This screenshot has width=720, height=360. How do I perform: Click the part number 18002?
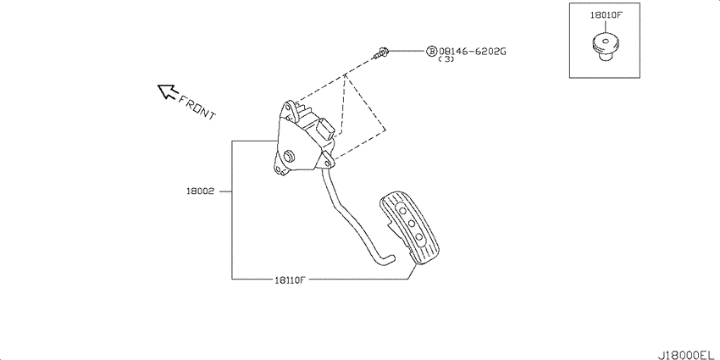click(200, 191)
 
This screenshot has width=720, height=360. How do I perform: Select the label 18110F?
click(291, 280)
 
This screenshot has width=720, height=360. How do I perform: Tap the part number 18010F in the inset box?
click(606, 14)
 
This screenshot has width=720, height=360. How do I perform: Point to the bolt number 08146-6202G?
click(473, 51)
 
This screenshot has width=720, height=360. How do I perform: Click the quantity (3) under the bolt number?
click(446, 59)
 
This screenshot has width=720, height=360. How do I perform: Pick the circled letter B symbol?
click(432, 51)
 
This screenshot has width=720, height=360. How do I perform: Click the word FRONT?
click(197, 108)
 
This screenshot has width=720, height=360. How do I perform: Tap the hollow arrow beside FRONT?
click(168, 91)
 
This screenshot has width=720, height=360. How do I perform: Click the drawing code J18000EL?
click(688, 354)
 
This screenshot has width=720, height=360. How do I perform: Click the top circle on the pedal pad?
click(403, 210)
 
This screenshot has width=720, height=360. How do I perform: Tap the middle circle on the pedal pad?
click(412, 224)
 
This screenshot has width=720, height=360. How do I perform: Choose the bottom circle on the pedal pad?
click(419, 237)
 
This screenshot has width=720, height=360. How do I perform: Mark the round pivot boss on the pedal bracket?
click(290, 156)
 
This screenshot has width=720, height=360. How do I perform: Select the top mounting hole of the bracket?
click(288, 108)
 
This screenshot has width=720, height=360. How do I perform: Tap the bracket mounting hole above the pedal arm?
click(326, 162)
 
